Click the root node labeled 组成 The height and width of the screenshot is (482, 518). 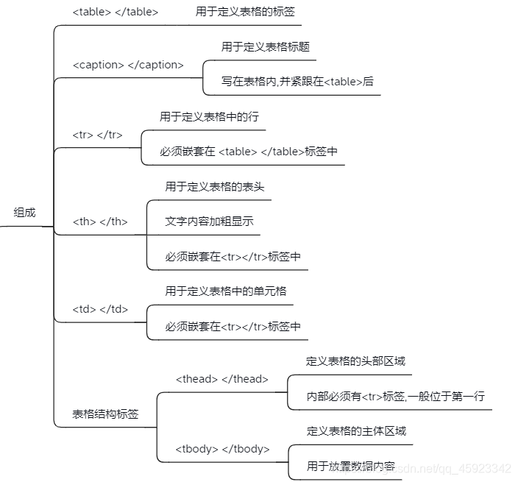(24, 213)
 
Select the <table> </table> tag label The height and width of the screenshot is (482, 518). (116, 13)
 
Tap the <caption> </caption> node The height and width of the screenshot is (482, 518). (128, 65)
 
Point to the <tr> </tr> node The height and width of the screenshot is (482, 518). (97, 135)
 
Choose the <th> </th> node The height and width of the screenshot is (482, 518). (100, 221)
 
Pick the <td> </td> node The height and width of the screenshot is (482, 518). (100, 309)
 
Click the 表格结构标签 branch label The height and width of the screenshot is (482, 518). (105, 414)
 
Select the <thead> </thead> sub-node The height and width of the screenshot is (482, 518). (221, 379)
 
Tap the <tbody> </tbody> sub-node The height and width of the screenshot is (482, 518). (222, 449)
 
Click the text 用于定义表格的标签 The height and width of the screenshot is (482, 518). (240, 12)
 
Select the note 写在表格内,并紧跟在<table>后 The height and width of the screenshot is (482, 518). (297, 82)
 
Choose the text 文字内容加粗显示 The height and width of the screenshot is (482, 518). (210, 221)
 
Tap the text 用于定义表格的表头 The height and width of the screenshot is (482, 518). (215, 187)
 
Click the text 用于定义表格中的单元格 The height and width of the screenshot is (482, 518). (226, 291)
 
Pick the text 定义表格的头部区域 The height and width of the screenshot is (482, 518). (355, 361)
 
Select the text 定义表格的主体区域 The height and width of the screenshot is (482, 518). (356, 431)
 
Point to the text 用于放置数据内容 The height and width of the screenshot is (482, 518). (351, 467)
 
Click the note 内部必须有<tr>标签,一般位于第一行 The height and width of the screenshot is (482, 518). (395, 397)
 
